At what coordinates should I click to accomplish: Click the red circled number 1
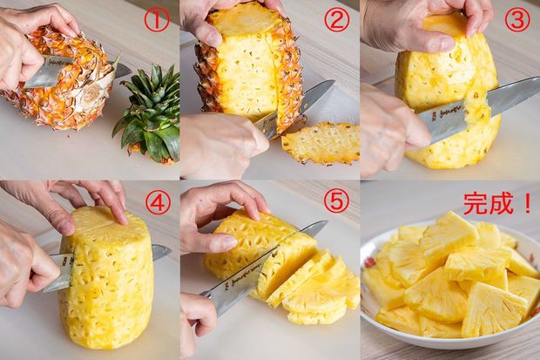pos(157,20)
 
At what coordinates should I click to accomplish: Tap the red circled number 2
pos(337,20)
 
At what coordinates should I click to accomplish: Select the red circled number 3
pos(517,20)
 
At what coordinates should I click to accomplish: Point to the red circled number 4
pos(158,203)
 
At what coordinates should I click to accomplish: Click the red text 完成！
pos(497,204)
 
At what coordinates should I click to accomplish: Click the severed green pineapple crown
pos(148,115)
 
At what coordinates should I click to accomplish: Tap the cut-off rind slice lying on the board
pos(321,143)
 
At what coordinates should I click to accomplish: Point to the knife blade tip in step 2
pos(334,81)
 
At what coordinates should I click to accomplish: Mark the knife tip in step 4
pos(171,249)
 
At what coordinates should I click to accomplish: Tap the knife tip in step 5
pos(327,221)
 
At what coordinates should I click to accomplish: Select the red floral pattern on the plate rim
pos(369,262)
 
